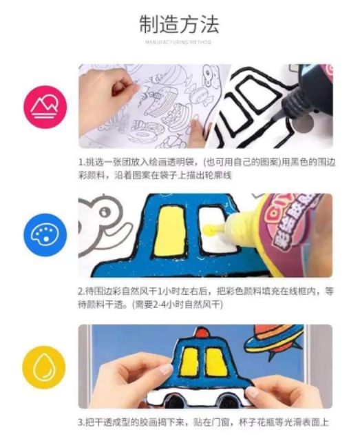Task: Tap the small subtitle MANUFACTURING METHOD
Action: point(179,43)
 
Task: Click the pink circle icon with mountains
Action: point(45,107)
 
